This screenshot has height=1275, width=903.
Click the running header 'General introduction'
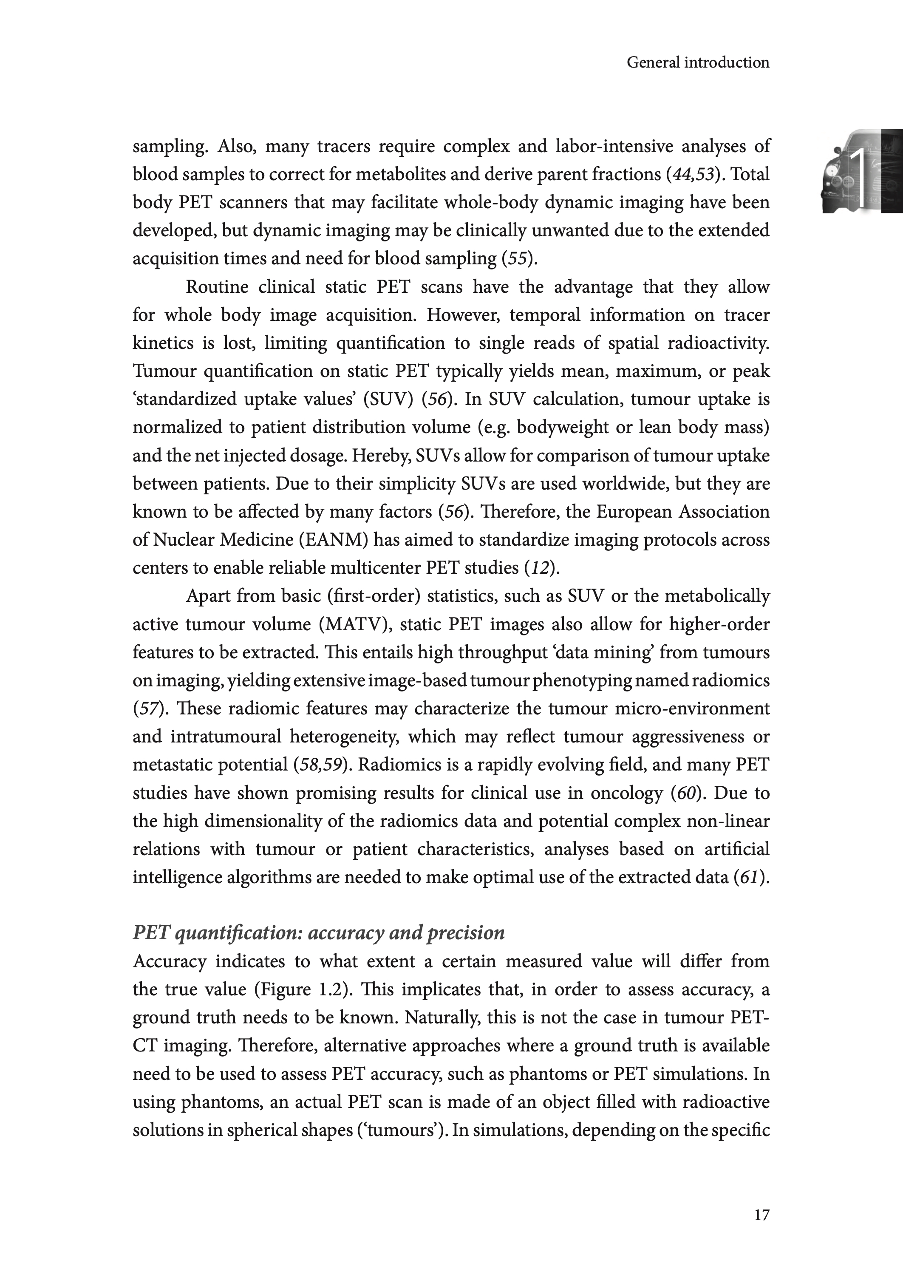pyautogui.click(x=698, y=62)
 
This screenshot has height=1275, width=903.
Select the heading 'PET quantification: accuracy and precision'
pyautogui.click(x=319, y=932)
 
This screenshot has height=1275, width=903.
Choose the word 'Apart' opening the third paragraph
pyautogui.click(x=208, y=596)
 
